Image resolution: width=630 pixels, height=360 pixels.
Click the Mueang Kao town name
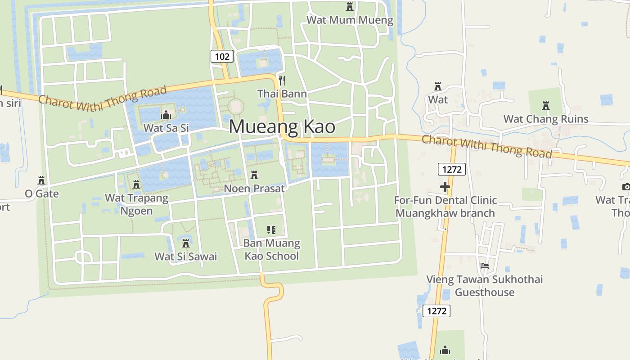(282, 126)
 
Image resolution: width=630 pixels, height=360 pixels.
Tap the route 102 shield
(222, 56)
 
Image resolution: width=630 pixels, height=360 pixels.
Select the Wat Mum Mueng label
(350, 20)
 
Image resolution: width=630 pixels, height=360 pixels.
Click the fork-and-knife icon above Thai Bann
(282, 81)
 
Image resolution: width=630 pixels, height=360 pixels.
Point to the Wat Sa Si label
(166, 128)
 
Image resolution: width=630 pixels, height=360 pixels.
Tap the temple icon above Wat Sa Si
(166, 115)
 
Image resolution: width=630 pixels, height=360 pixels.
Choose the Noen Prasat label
(254, 188)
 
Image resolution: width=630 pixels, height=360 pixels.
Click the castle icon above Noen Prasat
(254, 175)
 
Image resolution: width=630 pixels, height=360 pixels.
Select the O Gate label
(41, 193)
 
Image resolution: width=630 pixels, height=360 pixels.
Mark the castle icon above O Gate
(41, 180)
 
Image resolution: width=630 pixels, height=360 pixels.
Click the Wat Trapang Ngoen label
(136, 204)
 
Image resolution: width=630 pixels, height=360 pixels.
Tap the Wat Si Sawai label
(185, 256)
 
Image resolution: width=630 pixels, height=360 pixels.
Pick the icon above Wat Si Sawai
(185, 243)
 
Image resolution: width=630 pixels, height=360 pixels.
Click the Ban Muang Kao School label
(271, 249)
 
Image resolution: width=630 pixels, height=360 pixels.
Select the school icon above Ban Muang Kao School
(271, 230)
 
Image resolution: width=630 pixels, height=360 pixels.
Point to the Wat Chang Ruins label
(546, 119)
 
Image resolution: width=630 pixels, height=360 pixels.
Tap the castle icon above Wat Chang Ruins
(546, 106)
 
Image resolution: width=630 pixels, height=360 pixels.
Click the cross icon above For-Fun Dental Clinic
(445, 187)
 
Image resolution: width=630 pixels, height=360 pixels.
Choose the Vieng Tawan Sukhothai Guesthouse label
(484, 286)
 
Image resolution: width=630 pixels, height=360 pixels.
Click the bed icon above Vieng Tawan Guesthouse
(485, 266)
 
